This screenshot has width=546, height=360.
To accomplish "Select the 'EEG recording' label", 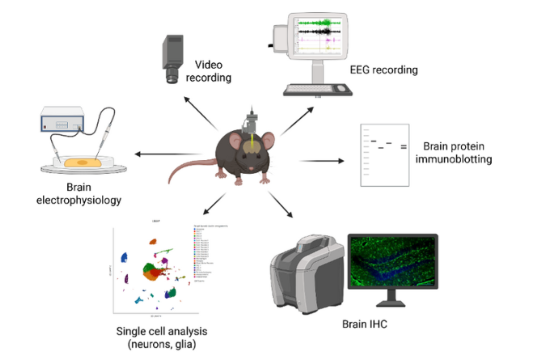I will click(384, 70).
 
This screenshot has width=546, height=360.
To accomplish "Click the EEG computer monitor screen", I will click(317, 36).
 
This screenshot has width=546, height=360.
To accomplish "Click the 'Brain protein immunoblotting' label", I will click(457, 153).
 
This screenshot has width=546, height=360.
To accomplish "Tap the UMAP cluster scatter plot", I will click(154, 271).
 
